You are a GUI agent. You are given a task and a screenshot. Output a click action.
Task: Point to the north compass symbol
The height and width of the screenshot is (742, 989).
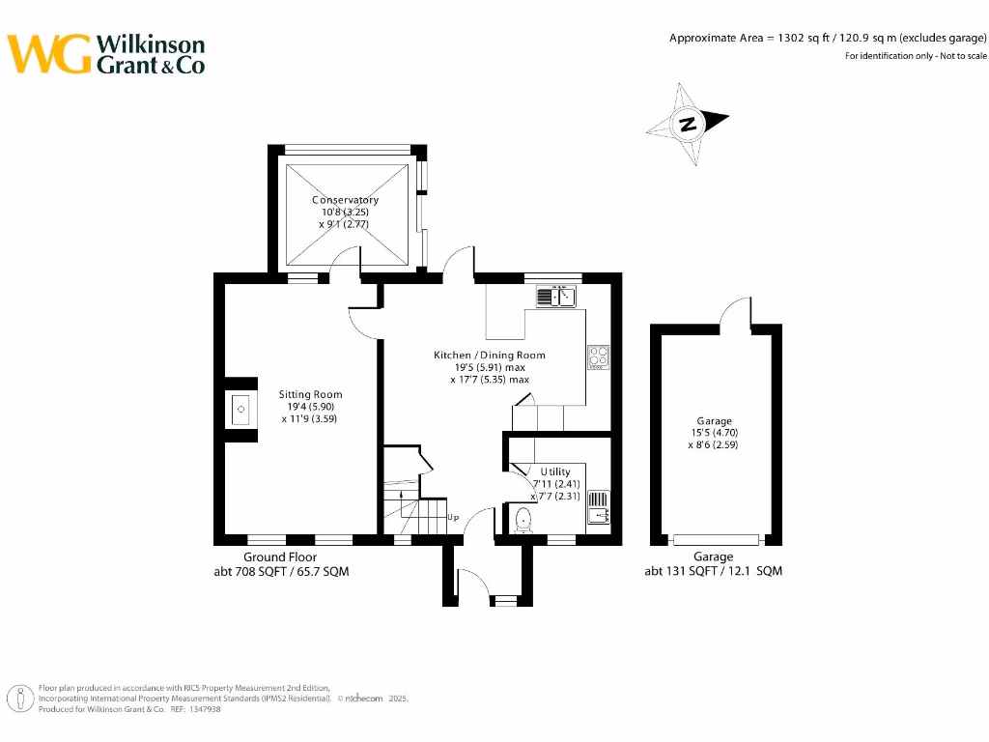[x=688, y=124]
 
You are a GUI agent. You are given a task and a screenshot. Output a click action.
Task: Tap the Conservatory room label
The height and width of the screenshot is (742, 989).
[x=345, y=200]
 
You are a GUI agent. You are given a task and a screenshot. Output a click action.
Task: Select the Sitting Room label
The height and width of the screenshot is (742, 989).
[x=310, y=394]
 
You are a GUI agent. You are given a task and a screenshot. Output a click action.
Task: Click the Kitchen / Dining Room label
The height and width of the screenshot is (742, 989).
[x=489, y=356]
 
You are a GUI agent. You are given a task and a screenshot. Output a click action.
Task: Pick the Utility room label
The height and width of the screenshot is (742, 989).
[x=554, y=471]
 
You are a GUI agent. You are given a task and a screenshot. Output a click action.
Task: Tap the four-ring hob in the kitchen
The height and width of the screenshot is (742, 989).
[x=597, y=357]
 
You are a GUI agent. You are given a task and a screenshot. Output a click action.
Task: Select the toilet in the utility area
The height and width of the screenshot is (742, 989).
[x=523, y=521]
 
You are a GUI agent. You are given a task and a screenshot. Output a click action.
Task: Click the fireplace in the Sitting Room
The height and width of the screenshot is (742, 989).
[x=240, y=410]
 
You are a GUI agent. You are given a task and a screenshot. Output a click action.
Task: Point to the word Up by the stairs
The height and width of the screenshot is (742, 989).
[x=453, y=517]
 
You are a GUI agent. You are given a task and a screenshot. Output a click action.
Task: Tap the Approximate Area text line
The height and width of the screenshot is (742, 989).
[x=828, y=38]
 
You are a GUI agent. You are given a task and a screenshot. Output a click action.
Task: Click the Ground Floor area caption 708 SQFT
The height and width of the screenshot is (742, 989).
[x=281, y=571]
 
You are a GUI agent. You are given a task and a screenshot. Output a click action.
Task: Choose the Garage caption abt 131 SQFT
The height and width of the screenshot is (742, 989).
[x=713, y=571]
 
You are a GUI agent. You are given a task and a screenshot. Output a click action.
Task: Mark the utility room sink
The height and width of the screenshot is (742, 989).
[x=598, y=506]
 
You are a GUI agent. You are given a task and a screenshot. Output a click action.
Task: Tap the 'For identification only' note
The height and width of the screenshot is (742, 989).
[x=916, y=56]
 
